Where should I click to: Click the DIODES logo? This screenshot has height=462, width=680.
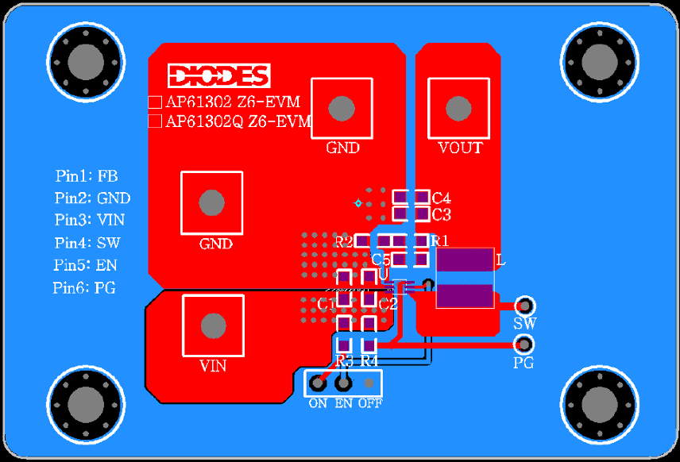coord(218,75)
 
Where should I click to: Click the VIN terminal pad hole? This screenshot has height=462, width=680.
coord(213,325)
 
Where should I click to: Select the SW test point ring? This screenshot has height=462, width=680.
coord(524,306)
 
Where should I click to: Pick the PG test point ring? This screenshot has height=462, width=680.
coord(524,345)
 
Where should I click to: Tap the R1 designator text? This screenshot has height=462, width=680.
coord(439,241)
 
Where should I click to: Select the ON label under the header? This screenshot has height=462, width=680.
coord(318,403)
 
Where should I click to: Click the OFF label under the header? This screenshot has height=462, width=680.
coord(369,403)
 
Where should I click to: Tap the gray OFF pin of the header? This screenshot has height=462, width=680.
coord(369,383)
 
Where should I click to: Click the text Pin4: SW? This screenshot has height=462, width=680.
coord(87,243)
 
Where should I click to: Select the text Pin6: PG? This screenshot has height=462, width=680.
coord(84,288)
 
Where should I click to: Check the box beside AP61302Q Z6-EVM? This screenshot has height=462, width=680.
coord(156,121)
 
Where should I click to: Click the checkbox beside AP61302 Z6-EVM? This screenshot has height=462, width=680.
coord(156,102)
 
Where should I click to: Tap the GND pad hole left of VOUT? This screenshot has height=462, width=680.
coord(342,108)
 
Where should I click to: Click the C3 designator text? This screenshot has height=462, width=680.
coord(442,214)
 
